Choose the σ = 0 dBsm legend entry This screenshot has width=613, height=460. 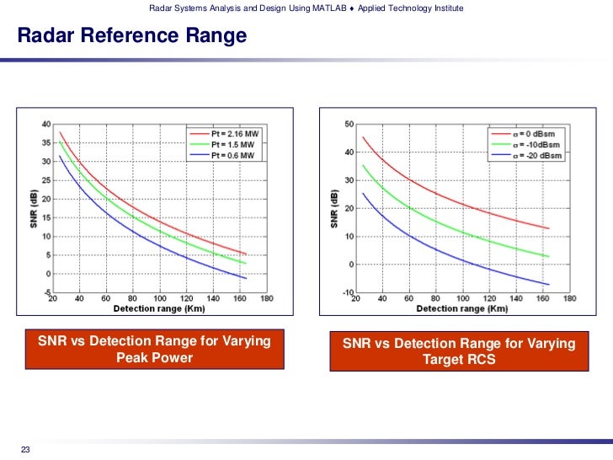point(529,134)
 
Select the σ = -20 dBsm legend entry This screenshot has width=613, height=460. point(530,155)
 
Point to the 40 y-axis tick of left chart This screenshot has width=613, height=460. point(45,125)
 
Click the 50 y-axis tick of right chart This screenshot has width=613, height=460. point(349,125)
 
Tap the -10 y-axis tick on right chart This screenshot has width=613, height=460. point(347,292)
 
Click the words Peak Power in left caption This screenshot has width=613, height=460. point(154,358)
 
